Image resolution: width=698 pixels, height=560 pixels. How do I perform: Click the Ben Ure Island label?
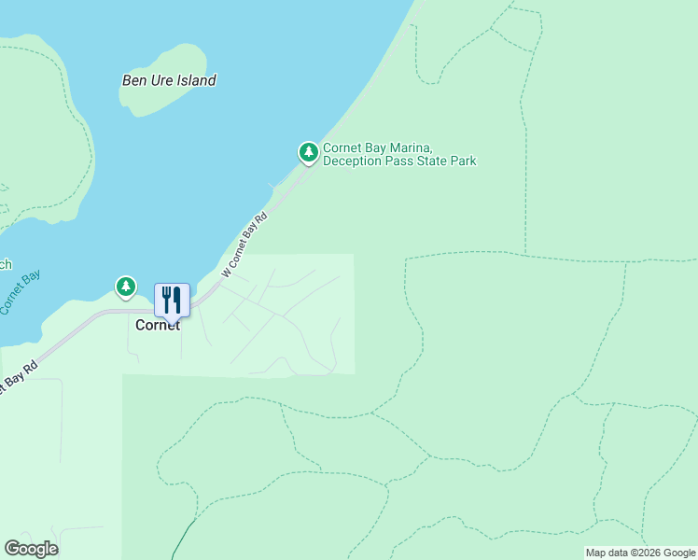[x=169, y=80]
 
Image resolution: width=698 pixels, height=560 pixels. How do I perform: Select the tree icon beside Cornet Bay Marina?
[x=308, y=151]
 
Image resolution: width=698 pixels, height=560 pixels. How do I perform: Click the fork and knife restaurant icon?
[x=172, y=299]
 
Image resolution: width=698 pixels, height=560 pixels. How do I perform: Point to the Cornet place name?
[x=158, y=326]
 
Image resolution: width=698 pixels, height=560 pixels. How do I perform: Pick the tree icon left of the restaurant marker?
[x=126, y=286]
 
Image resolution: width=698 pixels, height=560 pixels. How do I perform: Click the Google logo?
[x=31, y=549]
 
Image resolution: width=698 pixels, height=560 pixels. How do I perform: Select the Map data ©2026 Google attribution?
[x=641, y=553]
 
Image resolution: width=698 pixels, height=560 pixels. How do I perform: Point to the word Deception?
[x=354, y=161]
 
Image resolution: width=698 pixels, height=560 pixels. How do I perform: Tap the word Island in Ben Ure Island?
[x=195, y=80]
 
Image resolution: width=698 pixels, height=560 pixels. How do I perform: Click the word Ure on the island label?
[x=159, y=80]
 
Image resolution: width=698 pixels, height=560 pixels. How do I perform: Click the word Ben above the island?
[x=134, y=80]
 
